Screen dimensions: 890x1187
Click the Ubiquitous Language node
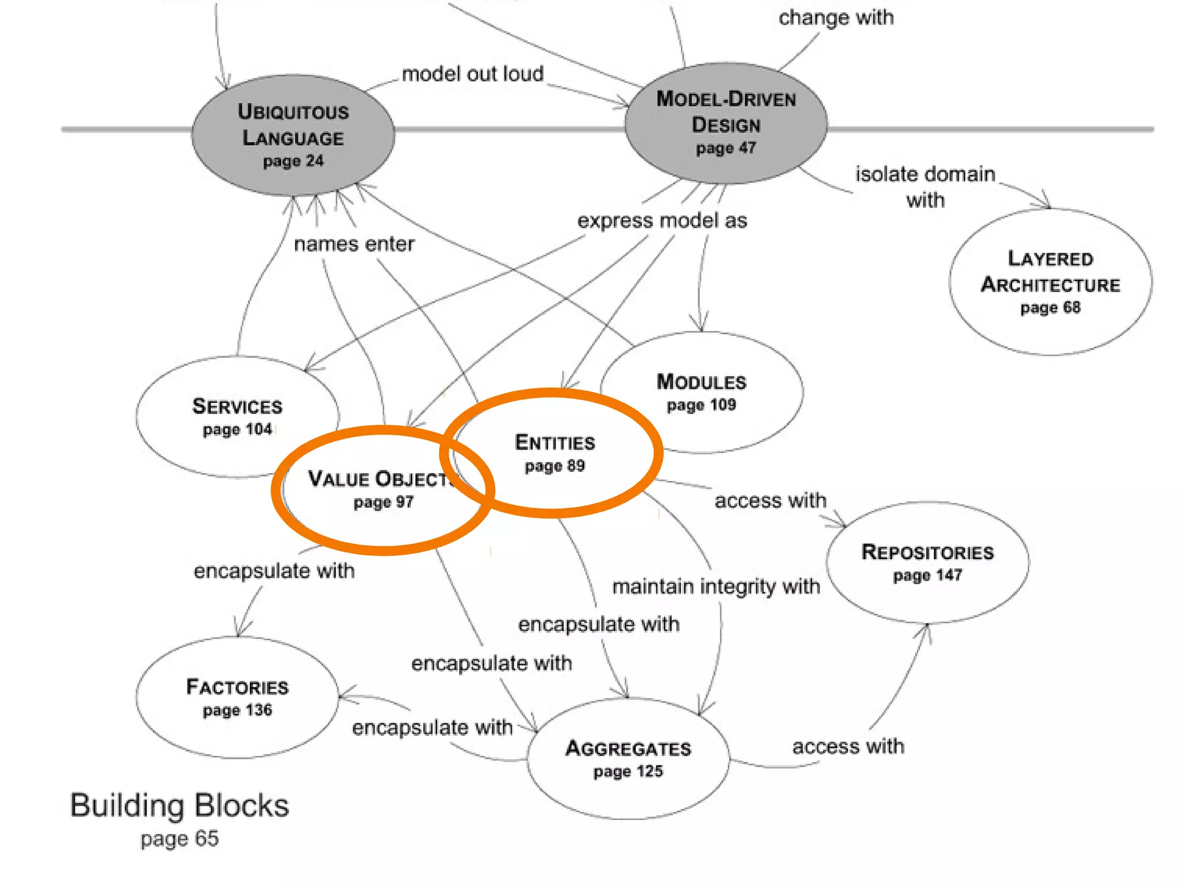[293, 134]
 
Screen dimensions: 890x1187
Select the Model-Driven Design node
[726, 123]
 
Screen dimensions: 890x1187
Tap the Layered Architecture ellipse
[1050, 282]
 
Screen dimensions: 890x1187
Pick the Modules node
[702, 392]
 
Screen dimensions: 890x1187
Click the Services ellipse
[237, 416]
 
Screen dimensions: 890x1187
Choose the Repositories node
[927, 562]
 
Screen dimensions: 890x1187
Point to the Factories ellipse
[237, 697]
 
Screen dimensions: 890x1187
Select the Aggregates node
[628, 758]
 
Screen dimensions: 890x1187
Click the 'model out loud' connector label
[472, 74]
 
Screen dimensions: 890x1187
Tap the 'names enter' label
[354, 244]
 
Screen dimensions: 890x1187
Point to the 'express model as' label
[662, 221]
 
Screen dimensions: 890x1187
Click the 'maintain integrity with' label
[716, 586]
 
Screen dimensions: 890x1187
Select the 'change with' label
[836, 18]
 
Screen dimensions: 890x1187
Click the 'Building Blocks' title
[180, 805]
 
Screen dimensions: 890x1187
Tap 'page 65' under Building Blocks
[180, 838]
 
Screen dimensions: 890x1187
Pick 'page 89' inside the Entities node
[555, 466]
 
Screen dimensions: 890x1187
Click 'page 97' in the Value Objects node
[384, 502]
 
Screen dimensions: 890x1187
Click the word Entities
[555, 443]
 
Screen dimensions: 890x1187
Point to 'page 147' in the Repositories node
[927, 575]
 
